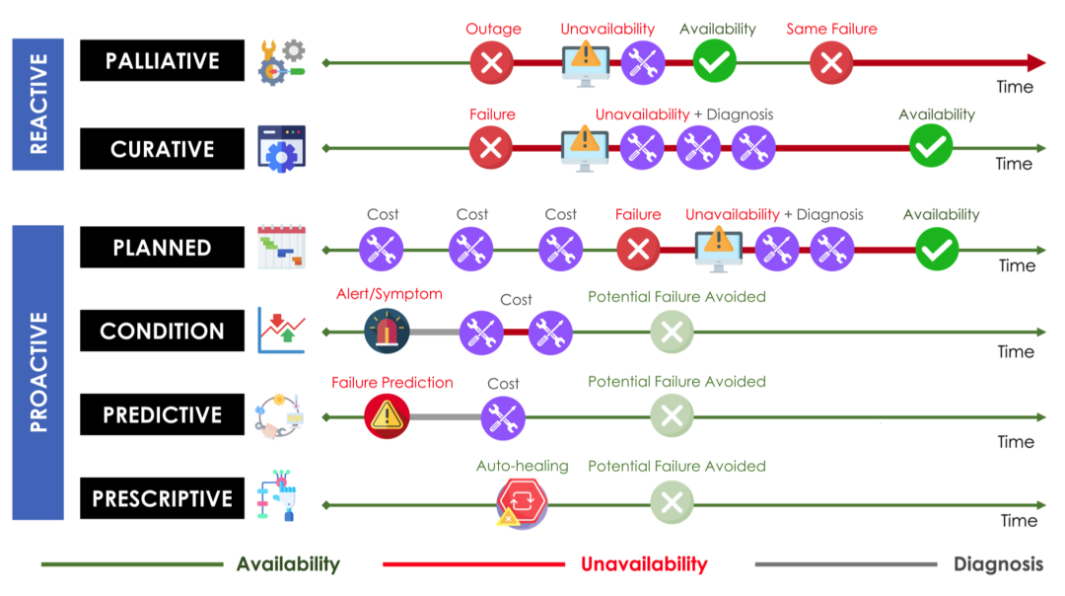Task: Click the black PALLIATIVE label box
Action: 162,60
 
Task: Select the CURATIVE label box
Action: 162,148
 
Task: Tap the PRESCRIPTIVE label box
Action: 162,498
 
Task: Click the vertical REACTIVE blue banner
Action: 38,104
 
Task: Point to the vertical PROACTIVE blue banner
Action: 38,372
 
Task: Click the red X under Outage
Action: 492,62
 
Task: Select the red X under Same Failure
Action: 831,62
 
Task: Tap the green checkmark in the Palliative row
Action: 715,62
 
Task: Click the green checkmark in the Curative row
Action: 931,146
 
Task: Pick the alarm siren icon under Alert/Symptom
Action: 387,331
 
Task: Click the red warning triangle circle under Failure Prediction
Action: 387,415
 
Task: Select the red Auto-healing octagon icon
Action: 521,502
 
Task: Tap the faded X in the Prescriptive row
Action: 672,502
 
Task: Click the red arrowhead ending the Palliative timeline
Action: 1035,62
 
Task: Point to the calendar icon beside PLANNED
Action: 282,247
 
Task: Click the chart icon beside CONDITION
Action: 282,331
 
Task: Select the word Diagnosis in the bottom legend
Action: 998,564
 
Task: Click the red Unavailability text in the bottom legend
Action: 644,564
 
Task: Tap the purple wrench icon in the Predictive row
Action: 503,417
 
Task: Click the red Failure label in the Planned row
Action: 638,215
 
